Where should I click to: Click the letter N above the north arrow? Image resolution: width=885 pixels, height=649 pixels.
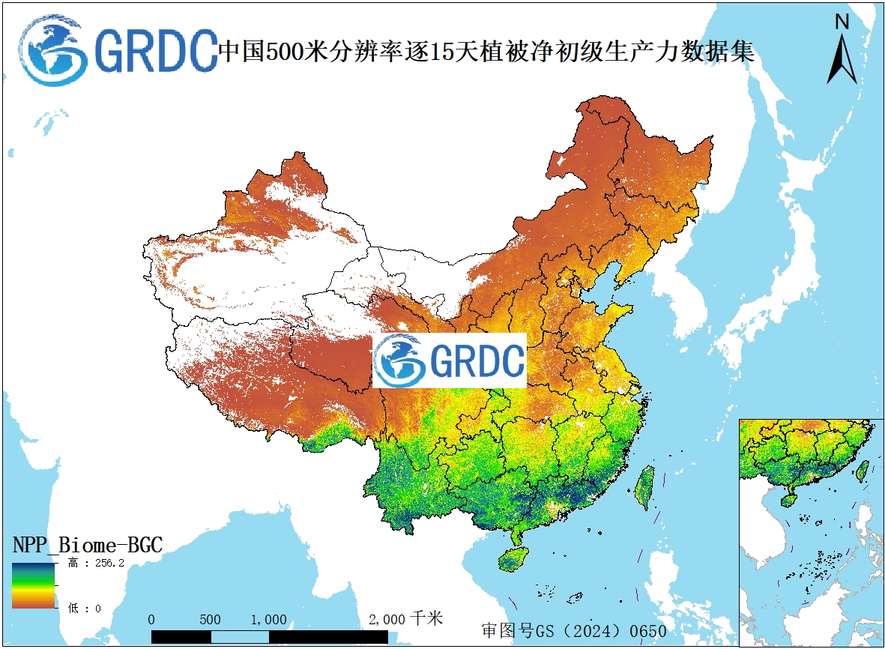(x=842, y=22)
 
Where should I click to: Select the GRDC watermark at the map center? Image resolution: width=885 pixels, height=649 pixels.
(x=450, y=360)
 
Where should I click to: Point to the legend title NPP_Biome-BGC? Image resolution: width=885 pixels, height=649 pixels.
(x=87, y=545)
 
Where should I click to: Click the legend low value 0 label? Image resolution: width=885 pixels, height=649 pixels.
(x=85, y=609)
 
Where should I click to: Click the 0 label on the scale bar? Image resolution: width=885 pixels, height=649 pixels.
(x=151, y=620)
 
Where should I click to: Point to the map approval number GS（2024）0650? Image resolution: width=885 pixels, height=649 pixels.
(x=574, y=631)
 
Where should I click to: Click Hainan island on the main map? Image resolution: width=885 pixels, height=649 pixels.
(x=513, y=559)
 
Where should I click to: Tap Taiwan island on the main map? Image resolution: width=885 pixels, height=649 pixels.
(x=644, y=488)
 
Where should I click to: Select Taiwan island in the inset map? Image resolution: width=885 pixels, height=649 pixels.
(x=863, y=470)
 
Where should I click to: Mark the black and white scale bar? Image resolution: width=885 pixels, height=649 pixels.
(x=269, y=636)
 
